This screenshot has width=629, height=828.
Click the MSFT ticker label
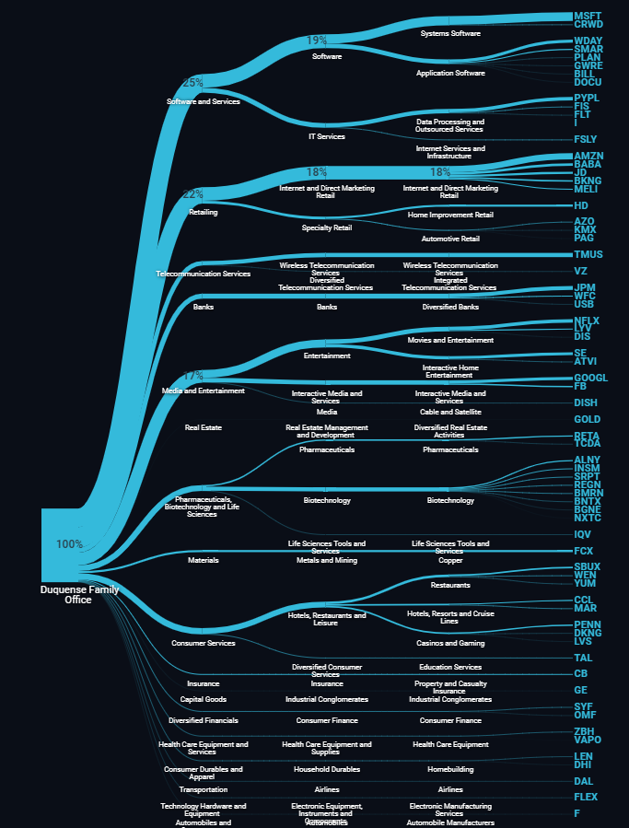tap(588, 17)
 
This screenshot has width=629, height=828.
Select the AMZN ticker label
tap(588, 157)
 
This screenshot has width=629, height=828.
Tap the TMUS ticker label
tap(588, 254)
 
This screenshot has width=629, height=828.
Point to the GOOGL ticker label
tap(590, 378)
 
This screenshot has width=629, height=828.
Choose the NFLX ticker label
tap(587, 321)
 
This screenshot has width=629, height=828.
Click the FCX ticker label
tap(584, 551)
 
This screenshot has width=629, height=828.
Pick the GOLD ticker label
tap(587, 420)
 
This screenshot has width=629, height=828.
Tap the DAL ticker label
tap(584, 781)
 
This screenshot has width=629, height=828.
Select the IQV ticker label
tap(583, 534)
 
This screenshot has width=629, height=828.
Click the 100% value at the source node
tap(69, 544)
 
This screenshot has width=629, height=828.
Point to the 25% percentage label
tap(192, 83)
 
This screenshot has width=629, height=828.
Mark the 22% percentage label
tap(192, 194)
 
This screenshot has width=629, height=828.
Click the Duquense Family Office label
tap(79, 595)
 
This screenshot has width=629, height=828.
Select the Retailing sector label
tap(204, 212)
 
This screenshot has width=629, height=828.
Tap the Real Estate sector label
tap(204, 427)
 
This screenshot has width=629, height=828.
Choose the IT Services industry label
tap(326, 136)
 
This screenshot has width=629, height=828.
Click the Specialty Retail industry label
tap(327, 227)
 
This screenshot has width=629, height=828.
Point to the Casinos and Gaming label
tap(450, 643)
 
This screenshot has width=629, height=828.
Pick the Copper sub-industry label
tap(450, 560)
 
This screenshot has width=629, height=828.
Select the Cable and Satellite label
tap(450, 412)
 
